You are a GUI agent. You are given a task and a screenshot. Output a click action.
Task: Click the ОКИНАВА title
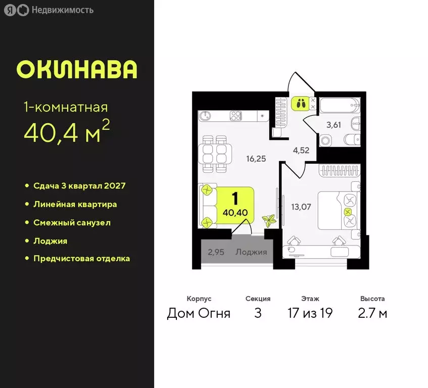(77, 70)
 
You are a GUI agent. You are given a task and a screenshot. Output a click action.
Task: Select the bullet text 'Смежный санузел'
(72, 222)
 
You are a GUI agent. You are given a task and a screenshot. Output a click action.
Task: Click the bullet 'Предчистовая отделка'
(81, 258)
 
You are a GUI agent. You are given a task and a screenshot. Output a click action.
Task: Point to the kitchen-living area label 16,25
(256, 158)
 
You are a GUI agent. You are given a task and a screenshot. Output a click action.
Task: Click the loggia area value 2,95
(216, 252)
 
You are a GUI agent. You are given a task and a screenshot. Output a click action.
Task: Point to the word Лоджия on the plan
(251, 252)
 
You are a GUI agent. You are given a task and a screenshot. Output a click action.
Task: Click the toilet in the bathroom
(351, 139)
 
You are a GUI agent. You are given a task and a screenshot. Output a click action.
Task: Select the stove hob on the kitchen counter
(236, 116)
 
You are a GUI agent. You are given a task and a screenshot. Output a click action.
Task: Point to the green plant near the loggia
(269, 221)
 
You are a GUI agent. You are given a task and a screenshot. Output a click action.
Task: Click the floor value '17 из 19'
(309, 313)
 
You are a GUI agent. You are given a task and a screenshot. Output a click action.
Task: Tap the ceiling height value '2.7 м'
(372, 313)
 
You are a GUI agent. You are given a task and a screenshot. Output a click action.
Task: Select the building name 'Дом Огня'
(199, 313)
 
